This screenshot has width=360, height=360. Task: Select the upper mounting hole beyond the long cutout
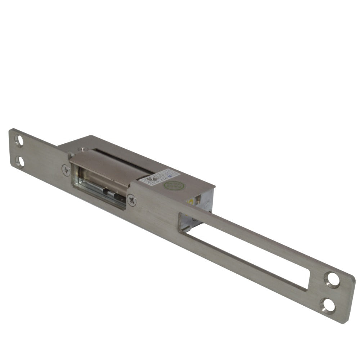331,279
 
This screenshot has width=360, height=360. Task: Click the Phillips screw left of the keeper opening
65,170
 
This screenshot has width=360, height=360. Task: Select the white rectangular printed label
158,177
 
